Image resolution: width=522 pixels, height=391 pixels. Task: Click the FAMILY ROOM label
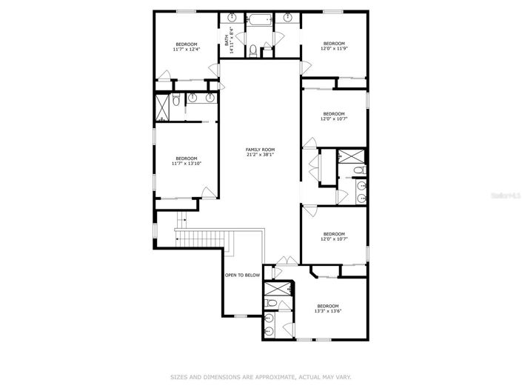[260, 150]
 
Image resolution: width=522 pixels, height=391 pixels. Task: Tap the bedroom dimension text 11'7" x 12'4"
[186, 50]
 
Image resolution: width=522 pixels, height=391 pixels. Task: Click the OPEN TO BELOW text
[242, 275]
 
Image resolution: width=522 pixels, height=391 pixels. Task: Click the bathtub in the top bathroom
[259, 20]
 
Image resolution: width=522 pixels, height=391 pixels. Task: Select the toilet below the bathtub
[253, 50]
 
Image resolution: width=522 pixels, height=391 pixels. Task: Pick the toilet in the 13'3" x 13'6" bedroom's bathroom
[272, 304]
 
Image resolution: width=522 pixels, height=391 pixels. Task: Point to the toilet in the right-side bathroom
[359, 171]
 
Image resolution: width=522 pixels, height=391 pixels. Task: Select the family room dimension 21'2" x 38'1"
[260, 155]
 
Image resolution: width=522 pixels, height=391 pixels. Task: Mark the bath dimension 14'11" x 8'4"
[232, 41]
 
